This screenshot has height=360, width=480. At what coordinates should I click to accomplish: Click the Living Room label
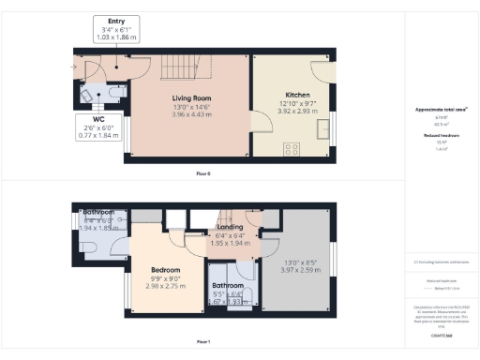point(190,98)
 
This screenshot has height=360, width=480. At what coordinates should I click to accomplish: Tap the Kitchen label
point(297,96)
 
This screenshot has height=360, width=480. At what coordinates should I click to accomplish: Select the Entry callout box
point(116,30)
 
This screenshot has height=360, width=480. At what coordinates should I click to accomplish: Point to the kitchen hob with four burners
point(292,148)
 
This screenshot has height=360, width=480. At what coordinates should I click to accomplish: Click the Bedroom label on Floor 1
point(165,270)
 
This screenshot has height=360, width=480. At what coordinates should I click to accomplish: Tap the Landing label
point(230,227)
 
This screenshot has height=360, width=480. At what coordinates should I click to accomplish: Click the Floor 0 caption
point(203,174)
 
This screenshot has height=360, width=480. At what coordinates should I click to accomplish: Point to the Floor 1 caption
point(203,342)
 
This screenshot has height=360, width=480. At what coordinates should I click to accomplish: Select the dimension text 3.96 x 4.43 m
point(190,115)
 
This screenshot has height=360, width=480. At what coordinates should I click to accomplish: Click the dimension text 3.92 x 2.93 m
point(297,112)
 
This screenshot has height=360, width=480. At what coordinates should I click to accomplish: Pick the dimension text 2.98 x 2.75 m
point(165,286)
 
